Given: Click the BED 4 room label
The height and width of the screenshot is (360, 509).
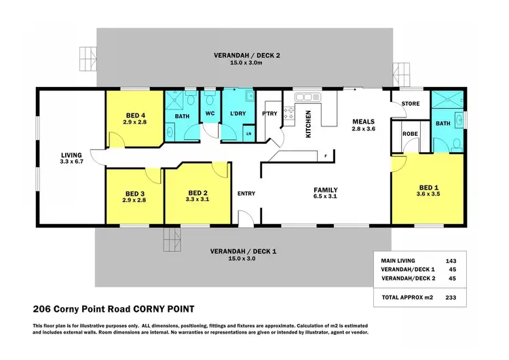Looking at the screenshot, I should [135, 115].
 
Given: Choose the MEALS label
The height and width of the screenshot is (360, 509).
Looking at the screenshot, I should [358, 122].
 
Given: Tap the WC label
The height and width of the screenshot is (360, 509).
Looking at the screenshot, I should [210, 113].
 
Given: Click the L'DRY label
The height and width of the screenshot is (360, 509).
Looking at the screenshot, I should [238, 113].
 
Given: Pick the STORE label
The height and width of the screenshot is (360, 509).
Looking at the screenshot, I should [411, 104].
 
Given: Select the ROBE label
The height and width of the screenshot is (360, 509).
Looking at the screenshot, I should [411, 134].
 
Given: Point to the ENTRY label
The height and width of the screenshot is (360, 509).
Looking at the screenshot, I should [246, 194].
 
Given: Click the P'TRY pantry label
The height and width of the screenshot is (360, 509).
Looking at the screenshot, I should [269, 113].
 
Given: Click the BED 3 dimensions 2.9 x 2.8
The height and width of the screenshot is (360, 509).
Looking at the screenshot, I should [134, 201].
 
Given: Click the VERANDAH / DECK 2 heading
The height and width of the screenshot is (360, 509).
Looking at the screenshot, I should [245, 56].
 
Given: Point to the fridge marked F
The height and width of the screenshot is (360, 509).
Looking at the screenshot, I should [326, 156].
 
